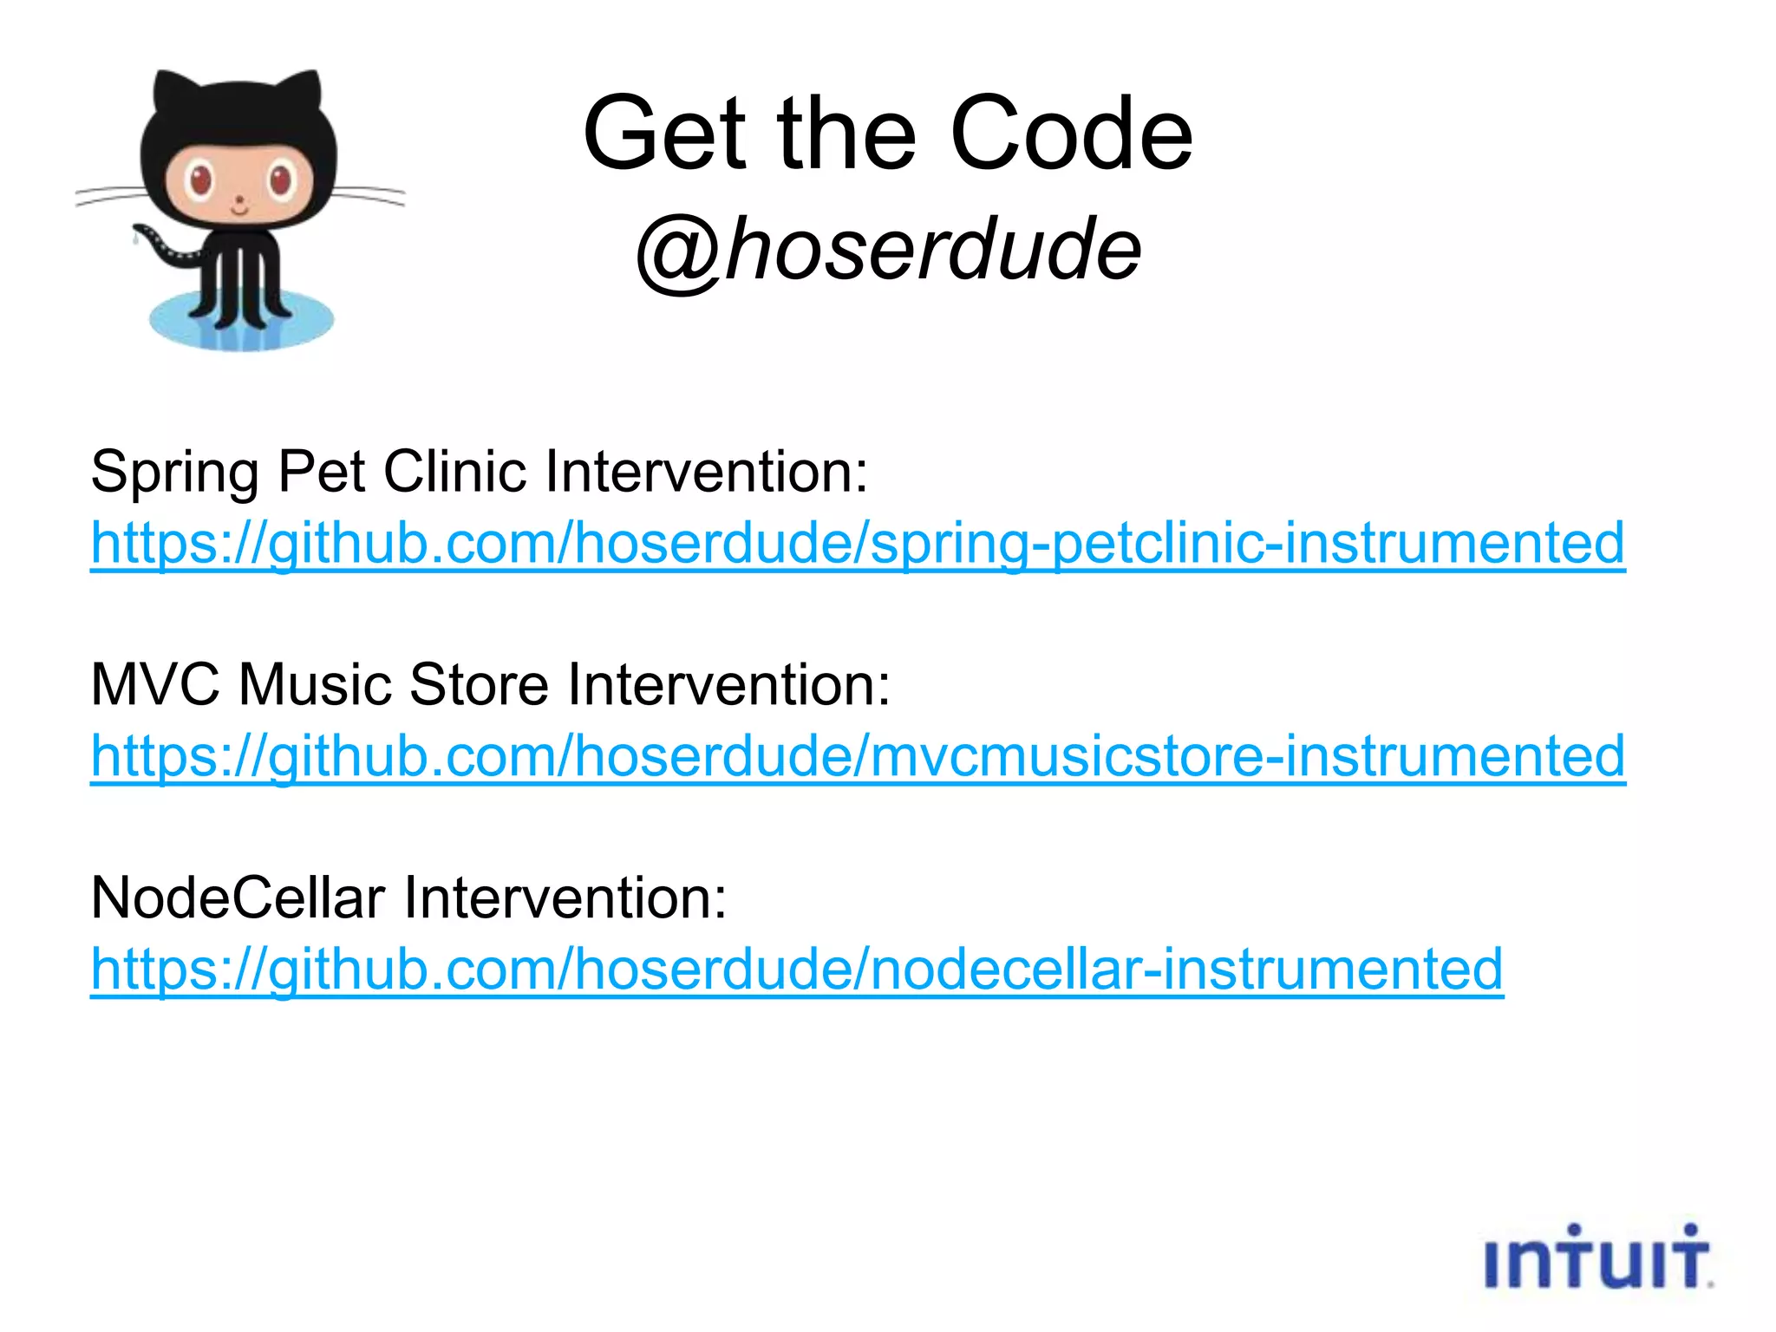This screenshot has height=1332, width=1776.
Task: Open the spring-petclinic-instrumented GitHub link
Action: [x=858, y=544]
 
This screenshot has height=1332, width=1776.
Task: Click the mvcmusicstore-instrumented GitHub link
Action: [x=858, y=756]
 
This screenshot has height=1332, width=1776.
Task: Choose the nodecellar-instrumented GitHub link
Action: [x=797, y=969]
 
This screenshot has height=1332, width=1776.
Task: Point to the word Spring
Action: [x=174, y=473]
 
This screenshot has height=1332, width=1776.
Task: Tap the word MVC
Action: [x=155, y=685]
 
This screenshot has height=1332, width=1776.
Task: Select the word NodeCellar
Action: [x=238, y=898]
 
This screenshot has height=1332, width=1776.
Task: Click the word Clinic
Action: [x=454, y=472]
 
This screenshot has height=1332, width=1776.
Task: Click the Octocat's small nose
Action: [x=239, y=201]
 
